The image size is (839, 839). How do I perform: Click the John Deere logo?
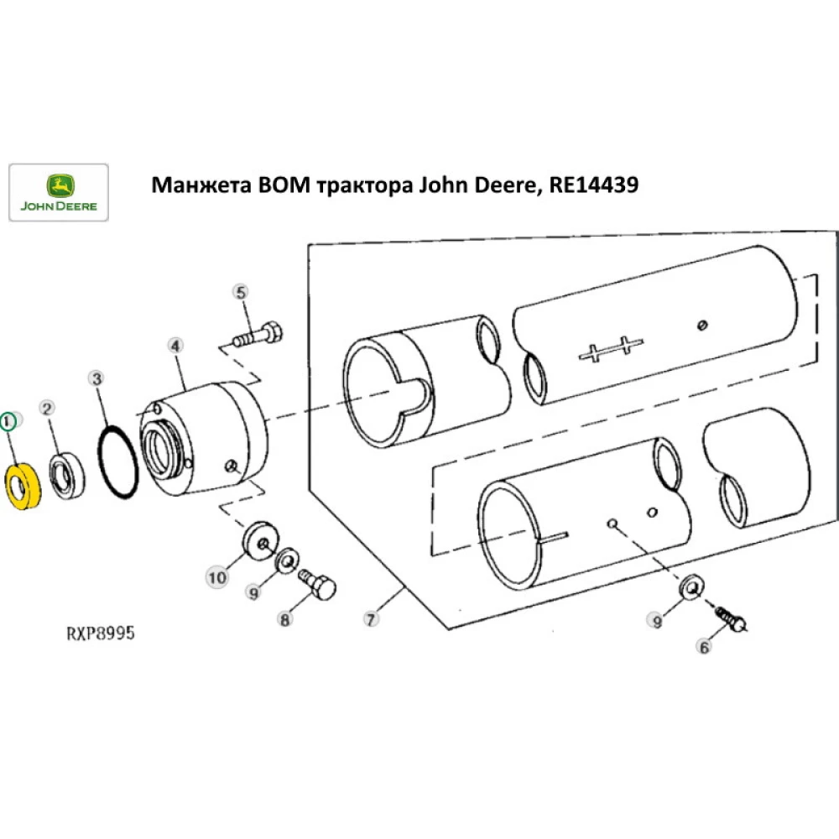click(58, 192)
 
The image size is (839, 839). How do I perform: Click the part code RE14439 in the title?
click(593, 185)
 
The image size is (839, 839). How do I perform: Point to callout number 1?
click(9, 419)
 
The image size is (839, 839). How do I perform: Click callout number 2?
click(48, 409)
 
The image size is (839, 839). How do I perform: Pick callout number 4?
click(175, 346)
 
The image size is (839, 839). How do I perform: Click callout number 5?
click(241, 293)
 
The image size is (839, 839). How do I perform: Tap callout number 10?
click(216, 577)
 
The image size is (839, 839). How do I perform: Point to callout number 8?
click(285, 620)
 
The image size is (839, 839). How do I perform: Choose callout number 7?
click(372, 619)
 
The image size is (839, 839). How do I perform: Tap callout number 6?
click(705, 646)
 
